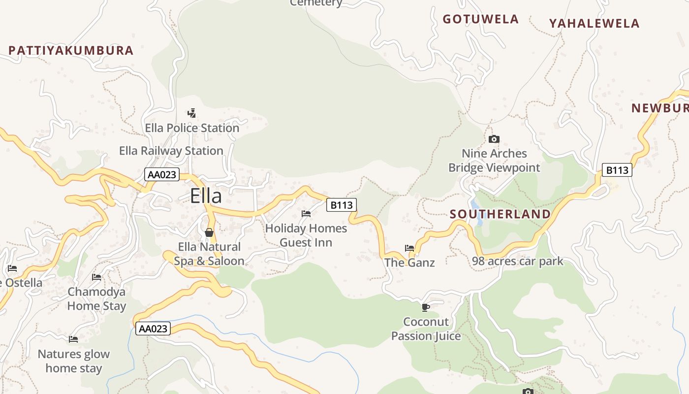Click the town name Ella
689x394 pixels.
(x=206, y=196)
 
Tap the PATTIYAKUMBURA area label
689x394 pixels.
(x=71, y=50)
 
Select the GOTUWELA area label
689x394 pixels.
(x=480, y=19)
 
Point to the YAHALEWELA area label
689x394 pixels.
(x=594, y=23)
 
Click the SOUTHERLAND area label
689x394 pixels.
(x=500, y=214)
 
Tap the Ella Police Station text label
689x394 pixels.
(x=192, y=128)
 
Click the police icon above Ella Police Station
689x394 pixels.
(x=192, y=113)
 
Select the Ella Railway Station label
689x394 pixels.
(x=171, y=151)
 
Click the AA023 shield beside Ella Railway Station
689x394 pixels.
(x=162, y=174)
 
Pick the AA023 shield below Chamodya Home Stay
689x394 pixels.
(x=153, y=328)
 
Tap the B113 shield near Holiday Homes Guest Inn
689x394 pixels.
(x=342, y=205)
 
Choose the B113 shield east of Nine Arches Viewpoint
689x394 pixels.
(x=617, y=170)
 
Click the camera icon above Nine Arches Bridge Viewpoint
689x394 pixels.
(x=494, y=139)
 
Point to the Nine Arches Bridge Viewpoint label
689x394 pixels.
(x=494, y=161)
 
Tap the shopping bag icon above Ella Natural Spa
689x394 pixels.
(x=209, y=232)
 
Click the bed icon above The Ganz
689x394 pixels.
(x=409, y=248)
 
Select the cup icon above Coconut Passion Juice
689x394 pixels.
(x=426, y=308)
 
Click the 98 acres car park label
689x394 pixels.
(x=517, y=261)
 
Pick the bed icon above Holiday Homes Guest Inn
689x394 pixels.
(x=306, y=214)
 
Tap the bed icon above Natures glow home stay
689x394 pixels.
(x=73, y=339)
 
